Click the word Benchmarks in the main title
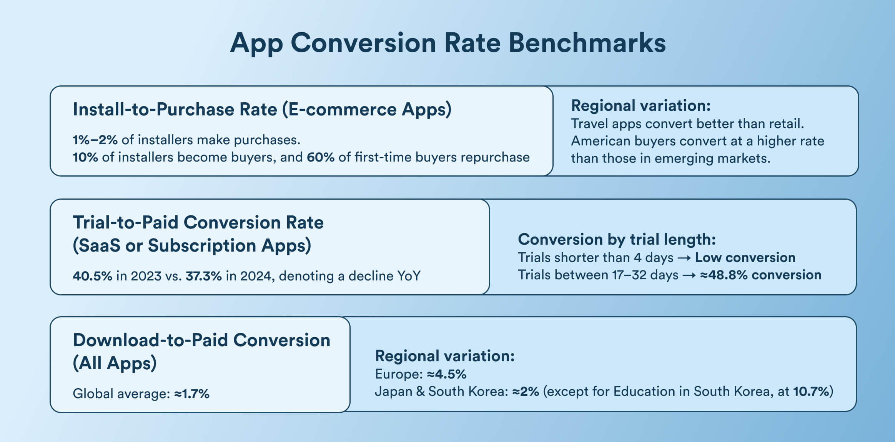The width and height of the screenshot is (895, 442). (587, 43)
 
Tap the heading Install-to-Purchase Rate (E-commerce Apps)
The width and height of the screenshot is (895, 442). (262, 110)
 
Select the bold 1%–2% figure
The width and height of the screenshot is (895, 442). (95, 140)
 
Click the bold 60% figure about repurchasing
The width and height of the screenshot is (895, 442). (320, 157)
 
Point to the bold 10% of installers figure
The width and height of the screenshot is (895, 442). (85, 157)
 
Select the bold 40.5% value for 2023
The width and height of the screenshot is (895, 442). (92, 276)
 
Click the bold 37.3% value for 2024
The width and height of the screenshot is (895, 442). (203, 276)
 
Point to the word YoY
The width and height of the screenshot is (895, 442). (409, 276)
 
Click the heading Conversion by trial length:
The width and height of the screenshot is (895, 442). (617, 240)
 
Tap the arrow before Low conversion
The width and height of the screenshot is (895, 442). (684, 258)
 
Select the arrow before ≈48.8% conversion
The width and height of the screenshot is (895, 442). (689, 275)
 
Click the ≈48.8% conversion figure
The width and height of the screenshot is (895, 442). (760, 275)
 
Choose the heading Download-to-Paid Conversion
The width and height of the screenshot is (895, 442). (201, 340)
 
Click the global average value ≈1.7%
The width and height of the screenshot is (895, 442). (191, 394)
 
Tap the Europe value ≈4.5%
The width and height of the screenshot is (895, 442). (446, 374)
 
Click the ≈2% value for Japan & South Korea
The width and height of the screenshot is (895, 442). (525, 392)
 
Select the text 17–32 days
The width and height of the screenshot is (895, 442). (644, 275)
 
